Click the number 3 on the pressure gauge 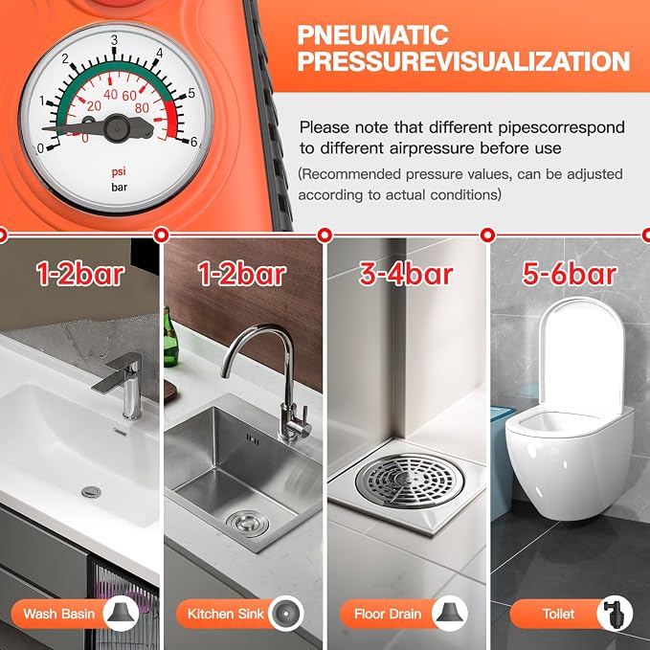115,40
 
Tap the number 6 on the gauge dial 193,143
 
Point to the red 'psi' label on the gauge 119,171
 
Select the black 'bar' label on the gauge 120,187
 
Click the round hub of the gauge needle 117,128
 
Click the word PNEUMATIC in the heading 372,34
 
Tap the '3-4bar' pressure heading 406,274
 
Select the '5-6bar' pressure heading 570,274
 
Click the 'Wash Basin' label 59,614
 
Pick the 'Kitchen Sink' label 226,614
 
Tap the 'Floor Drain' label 388,614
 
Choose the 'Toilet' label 558,614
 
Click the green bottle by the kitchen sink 170,338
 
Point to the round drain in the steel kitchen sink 248,523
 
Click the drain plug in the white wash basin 91,492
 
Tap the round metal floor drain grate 410,481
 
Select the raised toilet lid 583,357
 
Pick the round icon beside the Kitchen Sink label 286,614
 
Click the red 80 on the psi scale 142,108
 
